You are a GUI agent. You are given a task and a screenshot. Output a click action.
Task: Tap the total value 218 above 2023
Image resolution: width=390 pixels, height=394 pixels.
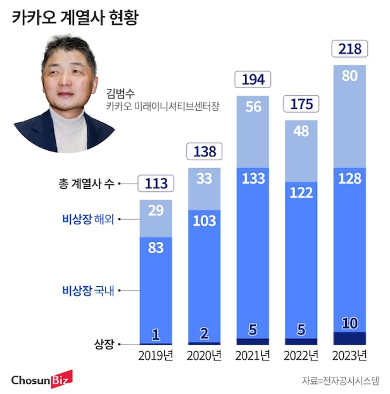tap(348, 49)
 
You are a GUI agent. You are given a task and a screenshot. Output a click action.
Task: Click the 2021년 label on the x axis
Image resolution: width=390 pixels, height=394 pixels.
tap(252, 355)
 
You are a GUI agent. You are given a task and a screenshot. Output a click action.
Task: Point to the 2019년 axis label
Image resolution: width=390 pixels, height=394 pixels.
tap(155, 355)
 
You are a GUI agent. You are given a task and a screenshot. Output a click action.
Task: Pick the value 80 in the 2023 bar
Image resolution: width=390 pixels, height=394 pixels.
tap(348, 76)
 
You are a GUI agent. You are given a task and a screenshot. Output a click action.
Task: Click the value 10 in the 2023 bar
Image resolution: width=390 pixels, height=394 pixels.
tap(348, 323)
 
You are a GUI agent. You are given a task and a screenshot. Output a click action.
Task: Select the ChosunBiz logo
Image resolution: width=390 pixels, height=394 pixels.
tap(42, 379)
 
